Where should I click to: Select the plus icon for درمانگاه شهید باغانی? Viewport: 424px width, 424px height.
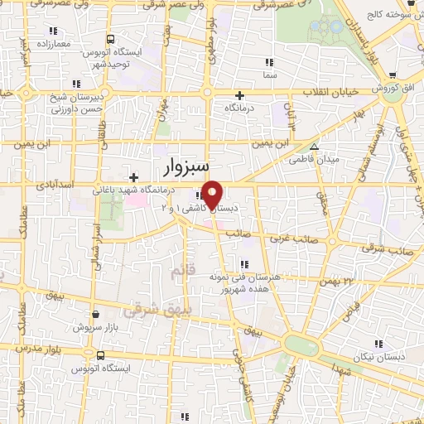(134, 176)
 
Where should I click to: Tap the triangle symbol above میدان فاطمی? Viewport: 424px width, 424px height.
(313, 146)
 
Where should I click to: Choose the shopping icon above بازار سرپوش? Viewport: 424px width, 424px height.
(96, 315)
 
